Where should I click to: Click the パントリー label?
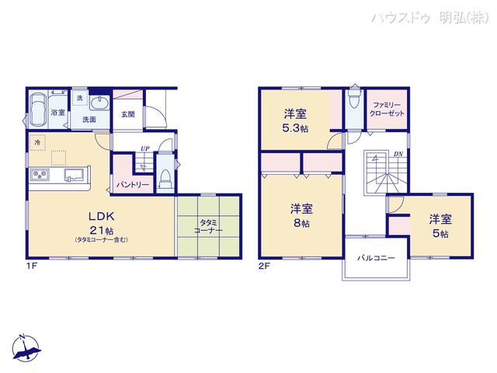click(132, 185)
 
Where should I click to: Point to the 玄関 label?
click(128, 114)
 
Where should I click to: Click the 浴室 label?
click(57, 113)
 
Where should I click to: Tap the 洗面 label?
click(89, 120)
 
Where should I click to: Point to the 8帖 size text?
click(302, 223)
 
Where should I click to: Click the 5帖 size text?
click(440, 232)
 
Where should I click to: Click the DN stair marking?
click(398, 154)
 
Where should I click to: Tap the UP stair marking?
click(144, 149)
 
